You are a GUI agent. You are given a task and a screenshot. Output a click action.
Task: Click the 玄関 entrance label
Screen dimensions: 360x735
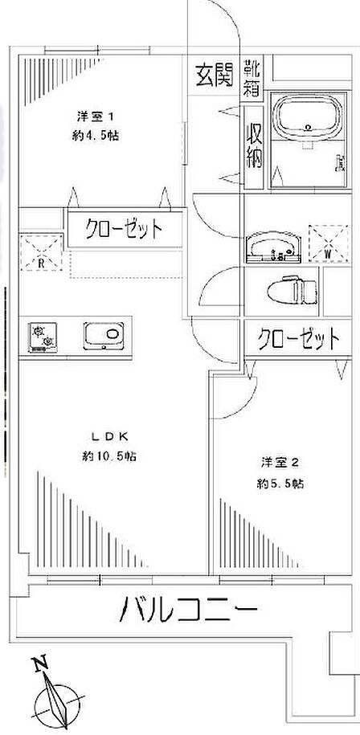pos(214,75)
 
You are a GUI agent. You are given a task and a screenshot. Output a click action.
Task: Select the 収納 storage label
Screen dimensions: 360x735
pos(255,146)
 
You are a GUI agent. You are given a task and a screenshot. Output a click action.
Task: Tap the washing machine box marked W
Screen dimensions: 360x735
pos(328,243)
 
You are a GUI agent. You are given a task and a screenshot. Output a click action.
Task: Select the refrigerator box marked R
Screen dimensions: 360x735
pos(41,252)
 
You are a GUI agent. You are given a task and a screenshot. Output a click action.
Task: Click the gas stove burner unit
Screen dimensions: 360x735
pos(43,337)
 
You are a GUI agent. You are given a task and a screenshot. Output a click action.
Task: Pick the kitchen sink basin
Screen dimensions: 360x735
pos(104,336)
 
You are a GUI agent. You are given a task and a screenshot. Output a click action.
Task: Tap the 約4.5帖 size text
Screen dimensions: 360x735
pos(95,136)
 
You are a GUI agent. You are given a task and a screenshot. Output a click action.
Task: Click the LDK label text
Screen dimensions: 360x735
pos(109,436)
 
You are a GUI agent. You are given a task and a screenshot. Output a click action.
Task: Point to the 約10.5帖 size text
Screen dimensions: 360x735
pos(109,456)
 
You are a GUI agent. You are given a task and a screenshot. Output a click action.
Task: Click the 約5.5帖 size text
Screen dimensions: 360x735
pos(280,484)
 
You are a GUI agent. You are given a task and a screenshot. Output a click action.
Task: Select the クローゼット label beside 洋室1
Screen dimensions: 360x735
pos(124,229)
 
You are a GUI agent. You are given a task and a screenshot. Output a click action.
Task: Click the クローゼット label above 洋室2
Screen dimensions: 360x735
pos(299,337)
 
